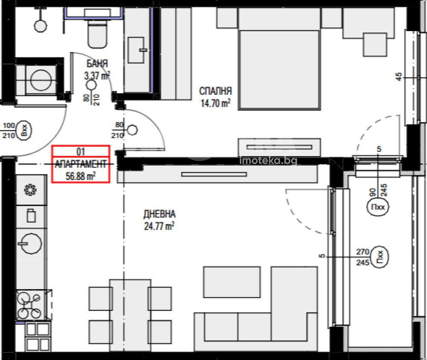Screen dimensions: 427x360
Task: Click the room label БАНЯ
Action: point(97,64)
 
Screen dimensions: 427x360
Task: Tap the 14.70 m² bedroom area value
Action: point(215,103)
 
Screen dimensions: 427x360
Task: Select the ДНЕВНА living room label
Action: point(159,214)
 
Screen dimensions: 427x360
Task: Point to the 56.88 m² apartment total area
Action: point(81,176)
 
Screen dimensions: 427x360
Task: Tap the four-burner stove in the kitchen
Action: point(29,305)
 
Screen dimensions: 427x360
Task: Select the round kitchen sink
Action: point(30,244)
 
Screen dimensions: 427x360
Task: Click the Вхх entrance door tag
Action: point(24,131)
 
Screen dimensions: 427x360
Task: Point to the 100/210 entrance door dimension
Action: point(9,131)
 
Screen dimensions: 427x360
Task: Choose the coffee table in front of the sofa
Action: point(232,282)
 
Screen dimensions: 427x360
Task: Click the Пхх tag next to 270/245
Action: point(380,257)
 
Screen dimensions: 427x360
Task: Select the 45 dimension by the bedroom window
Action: point(398,76)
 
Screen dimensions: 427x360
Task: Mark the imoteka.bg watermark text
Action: point(268,160)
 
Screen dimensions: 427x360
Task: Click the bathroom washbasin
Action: point(136,50)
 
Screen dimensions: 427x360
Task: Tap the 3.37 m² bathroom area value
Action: point(97,75)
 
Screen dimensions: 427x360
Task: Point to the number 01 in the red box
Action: point(81,151)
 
